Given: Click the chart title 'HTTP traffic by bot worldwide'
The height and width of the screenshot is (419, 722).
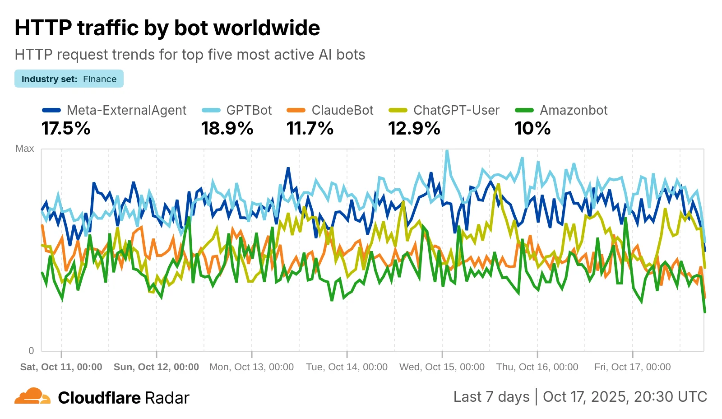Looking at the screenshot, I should [167, 28].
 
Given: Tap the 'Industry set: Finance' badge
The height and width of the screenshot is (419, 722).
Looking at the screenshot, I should [69, 79].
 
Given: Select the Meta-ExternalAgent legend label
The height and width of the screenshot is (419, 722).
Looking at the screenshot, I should [126, 110].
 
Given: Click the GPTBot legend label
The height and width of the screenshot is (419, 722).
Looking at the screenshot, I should [249, 110].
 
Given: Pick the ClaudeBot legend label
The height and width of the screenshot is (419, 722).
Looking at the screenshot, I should [342, 110].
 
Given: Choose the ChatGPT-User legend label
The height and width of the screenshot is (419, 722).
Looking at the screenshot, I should [456, 110].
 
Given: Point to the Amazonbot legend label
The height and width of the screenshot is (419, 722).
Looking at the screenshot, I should [574, 110].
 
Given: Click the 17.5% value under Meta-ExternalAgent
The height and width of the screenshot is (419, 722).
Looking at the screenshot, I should [66, 129].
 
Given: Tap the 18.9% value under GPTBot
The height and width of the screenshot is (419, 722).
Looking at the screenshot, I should [227, 129].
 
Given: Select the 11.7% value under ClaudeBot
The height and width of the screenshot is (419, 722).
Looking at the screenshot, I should [310, 129].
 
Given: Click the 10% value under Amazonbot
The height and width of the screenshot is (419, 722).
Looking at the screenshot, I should [532, 129].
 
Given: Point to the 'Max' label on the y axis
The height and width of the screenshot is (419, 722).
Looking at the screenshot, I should [24, 149].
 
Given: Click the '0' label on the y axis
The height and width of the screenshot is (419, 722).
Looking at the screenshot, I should [31, 350].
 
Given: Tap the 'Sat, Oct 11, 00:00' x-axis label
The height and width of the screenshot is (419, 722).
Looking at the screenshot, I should [61, 367].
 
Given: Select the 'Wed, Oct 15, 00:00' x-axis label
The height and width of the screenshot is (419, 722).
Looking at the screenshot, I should [442, 367].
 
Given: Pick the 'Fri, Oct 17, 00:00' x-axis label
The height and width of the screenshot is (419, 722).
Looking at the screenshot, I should [632, 367].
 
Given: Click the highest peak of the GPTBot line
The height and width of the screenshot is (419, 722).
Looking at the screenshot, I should [447, 151].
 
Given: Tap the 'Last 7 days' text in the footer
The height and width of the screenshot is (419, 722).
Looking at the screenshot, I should [491, 396].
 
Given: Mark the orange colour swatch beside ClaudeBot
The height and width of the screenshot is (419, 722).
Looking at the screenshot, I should [296, 110].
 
